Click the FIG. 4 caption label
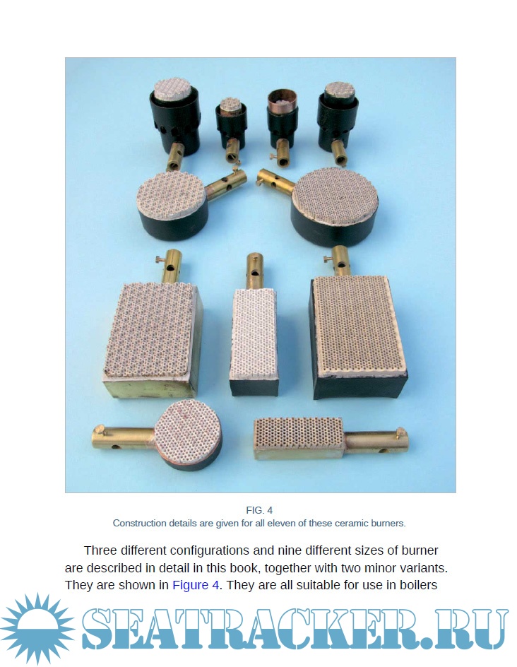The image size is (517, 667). [x=259, y=510]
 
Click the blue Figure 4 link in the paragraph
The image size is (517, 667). [x=196, y=585]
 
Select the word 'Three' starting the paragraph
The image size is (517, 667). [x=100, y=550]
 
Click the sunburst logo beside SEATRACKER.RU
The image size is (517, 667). [x=38, y=628]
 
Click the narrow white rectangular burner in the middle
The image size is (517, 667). [x=254, y=341]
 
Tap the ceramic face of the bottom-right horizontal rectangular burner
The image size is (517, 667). [x=299, y=432]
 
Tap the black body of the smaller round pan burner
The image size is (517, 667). [x=174, y=221]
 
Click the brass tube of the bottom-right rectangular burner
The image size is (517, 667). [x=376, y=442]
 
